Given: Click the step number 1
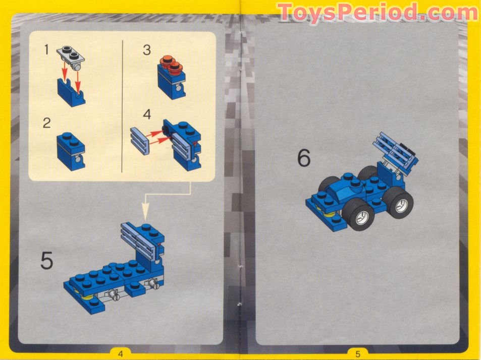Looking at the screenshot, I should click(x=46, y=50).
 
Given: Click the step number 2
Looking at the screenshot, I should click(x=46, y=123).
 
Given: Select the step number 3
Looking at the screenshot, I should click(x=146, y=50).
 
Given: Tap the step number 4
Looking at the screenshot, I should click(x=146, y=114).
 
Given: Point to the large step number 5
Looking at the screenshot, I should click(x=47, y=261).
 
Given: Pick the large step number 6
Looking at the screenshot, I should click(x=303, y=158).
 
